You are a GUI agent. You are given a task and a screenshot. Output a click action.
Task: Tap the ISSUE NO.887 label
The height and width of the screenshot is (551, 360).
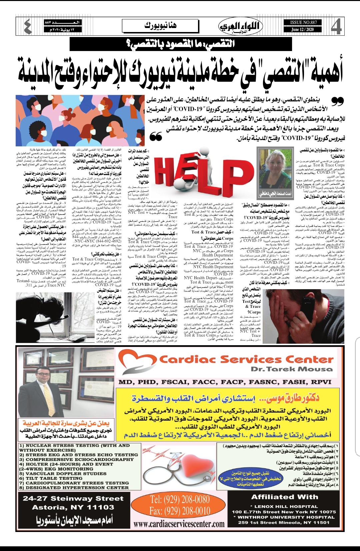pos(303,22)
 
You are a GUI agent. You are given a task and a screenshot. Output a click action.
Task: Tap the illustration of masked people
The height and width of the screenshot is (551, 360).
pos(80,120)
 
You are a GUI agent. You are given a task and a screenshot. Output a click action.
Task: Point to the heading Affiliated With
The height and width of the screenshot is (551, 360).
pos(284,497)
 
